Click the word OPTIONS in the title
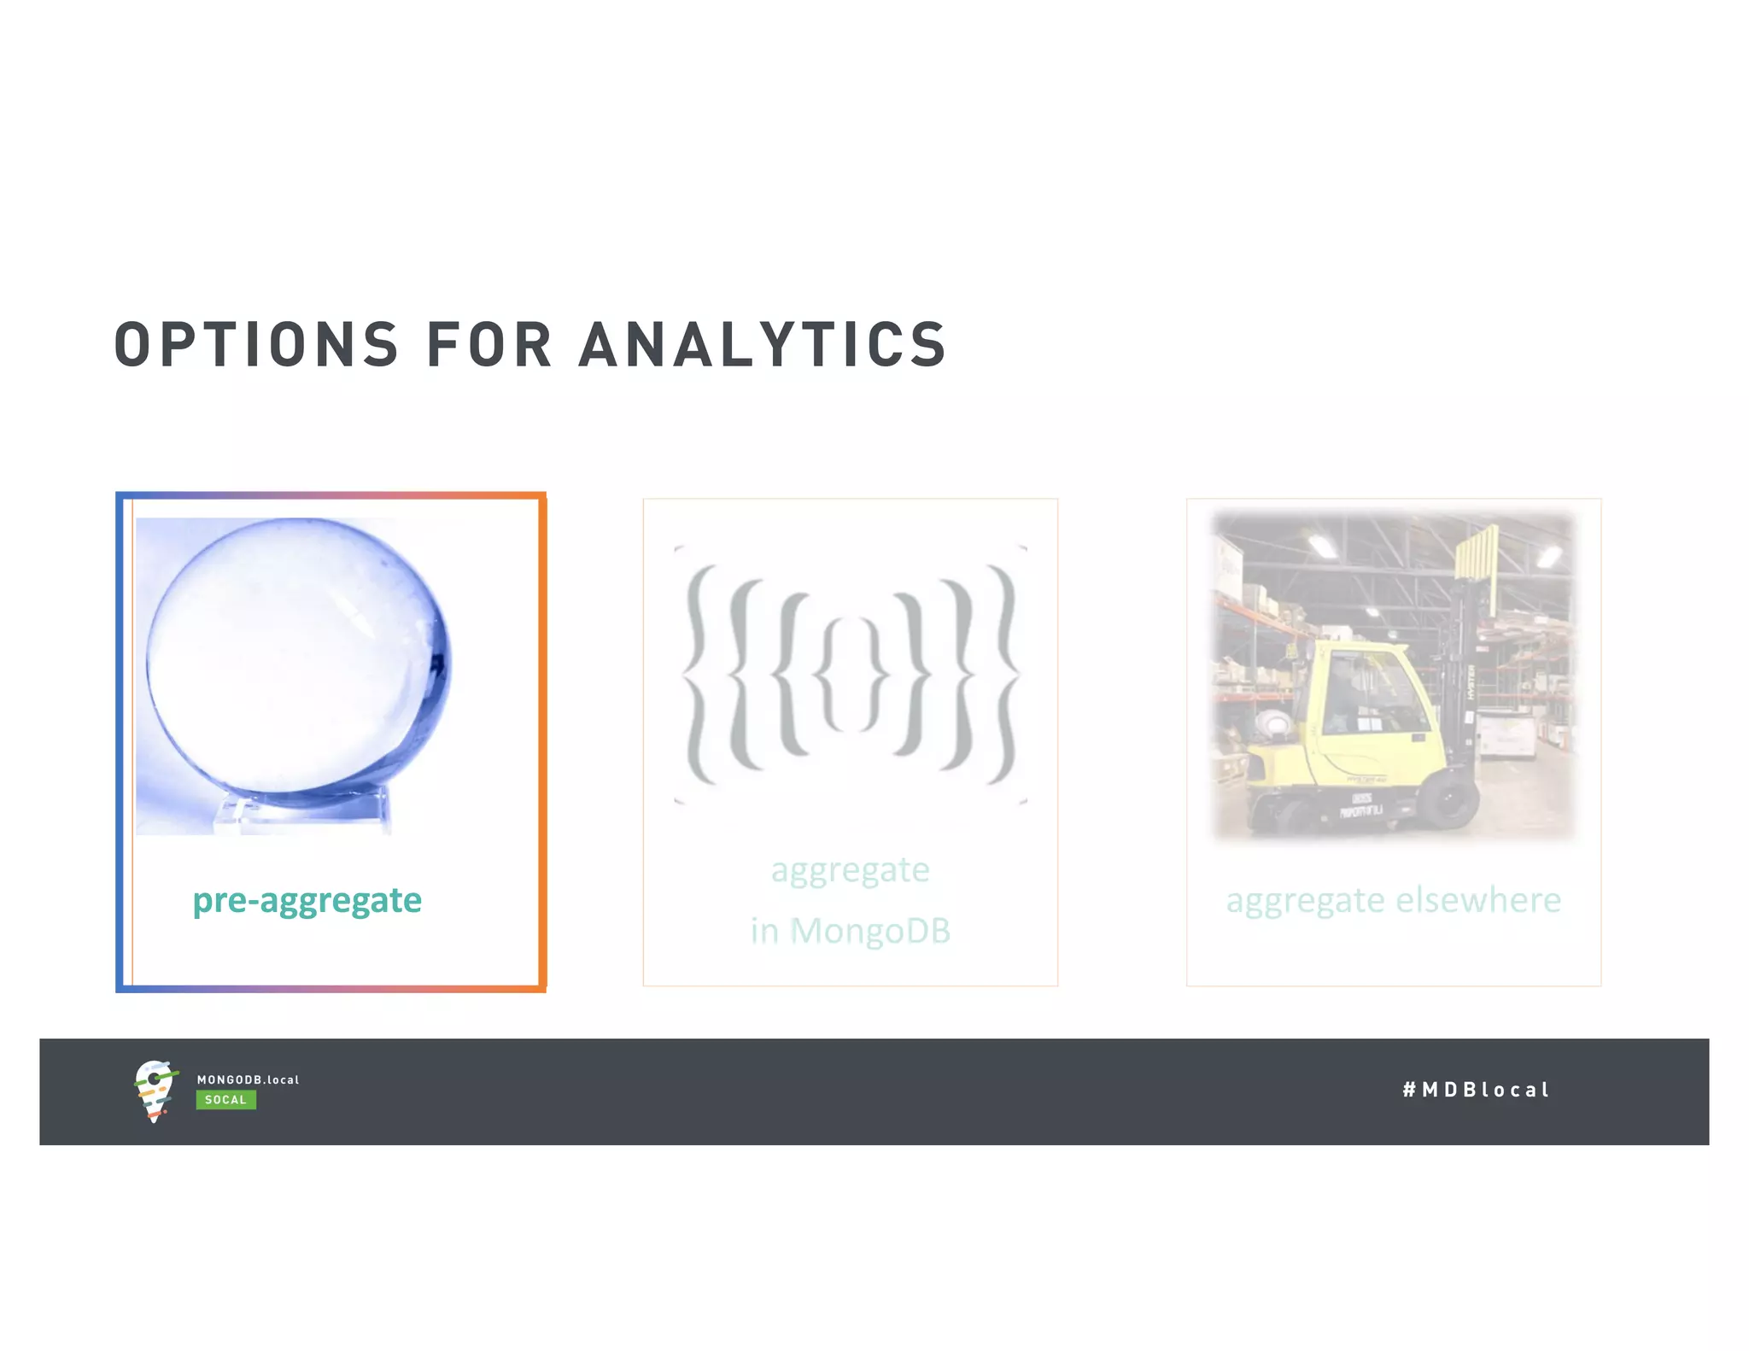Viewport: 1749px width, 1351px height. coord(256,345)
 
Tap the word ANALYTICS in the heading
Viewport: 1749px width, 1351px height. coord(763,345)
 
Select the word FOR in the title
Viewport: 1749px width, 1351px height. coord(488,345)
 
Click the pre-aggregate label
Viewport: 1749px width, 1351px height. coord(307,900)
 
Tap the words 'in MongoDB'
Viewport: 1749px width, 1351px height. coord(850,931)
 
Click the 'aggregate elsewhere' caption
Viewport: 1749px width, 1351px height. coord(1393,900)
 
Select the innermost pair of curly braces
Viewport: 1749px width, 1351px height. coord(850,675)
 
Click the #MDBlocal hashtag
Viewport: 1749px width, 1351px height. coord(1475,1090)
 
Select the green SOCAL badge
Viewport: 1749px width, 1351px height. coord(225,1100)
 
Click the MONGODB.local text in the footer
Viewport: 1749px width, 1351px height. coord(248,1079)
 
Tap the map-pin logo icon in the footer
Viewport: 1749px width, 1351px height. coord(155,1091)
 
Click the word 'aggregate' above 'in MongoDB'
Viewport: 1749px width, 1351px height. coord(850,870)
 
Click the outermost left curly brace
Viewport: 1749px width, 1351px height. coord(699,675)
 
